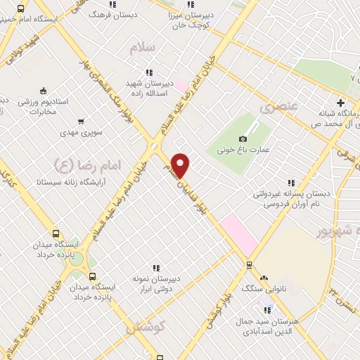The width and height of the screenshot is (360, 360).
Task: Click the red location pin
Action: pyautogui.click(x=181, y=165)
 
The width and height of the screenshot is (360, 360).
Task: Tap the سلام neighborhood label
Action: pyautogui.click(x=143, y=47)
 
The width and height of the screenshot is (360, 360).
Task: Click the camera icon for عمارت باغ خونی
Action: pyautogui.click(x=243, y=139)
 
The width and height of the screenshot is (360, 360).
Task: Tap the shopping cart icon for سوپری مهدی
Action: pyautogui.click(x=81, y=121)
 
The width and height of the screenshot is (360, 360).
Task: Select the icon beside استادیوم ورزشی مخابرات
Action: pyautogui.click(x=44, y=90)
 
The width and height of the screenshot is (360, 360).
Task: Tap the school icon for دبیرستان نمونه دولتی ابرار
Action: pyautogui.click(x=156, y=267)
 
